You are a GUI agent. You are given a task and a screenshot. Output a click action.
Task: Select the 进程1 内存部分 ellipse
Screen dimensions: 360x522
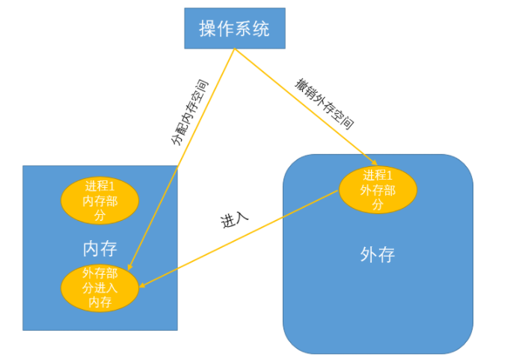pyautogui.click(x=99, y=201)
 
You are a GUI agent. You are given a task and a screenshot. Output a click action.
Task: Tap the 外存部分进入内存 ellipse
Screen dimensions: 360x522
pyautogui.click(x=99, y=288)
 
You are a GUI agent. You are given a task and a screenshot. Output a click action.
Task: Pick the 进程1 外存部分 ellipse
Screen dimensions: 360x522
pyautogui.click(x=377, y=190)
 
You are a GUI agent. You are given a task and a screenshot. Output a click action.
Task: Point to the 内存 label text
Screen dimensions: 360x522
pyautogui.click(x=99, y=248)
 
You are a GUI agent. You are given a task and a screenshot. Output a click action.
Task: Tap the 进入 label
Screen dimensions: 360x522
pyautogui.click(x=234, y=220)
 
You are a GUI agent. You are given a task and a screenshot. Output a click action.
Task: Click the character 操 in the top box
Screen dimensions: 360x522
pyautogui.click(x=207, y=29)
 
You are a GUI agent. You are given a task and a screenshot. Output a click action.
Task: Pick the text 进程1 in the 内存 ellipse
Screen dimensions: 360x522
pyautogui.click(x=99, y=186)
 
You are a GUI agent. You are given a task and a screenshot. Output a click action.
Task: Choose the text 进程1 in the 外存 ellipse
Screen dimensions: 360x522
pyautogui.click(x=377, y=176)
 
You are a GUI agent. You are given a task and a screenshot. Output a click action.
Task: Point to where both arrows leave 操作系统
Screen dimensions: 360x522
pyautogui.click(x=235, y=49)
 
